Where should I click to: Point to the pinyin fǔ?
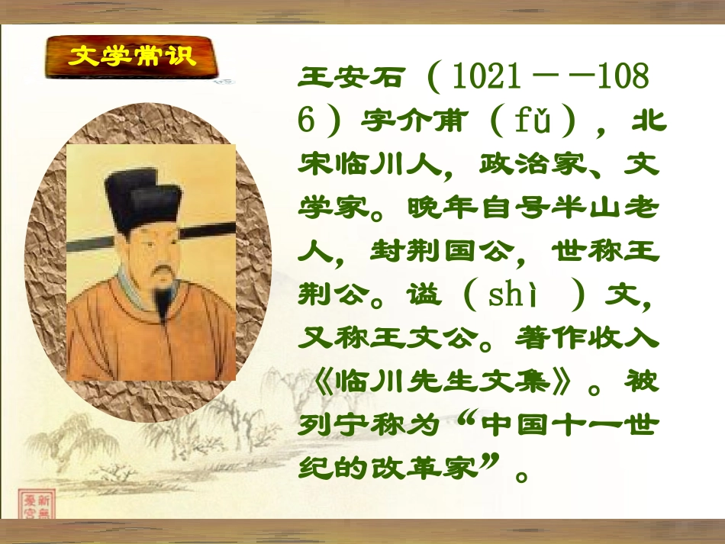coord(531,121)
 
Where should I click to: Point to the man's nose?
coord(159,253)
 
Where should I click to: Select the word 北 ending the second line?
coord(646,121)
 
